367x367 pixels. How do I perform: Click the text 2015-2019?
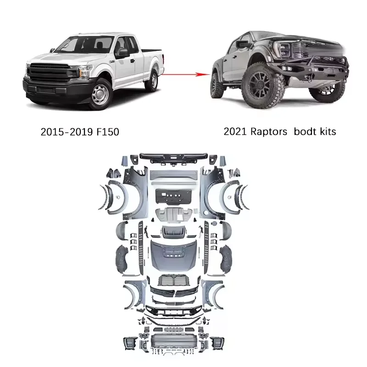(x=67, y=132)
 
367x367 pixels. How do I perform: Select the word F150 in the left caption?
(x=107, y=132)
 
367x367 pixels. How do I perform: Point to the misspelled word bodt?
(x=306, y=132)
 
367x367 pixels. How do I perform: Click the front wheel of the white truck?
(x=100, y=94)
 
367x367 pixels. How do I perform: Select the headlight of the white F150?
(x=85, y=72)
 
